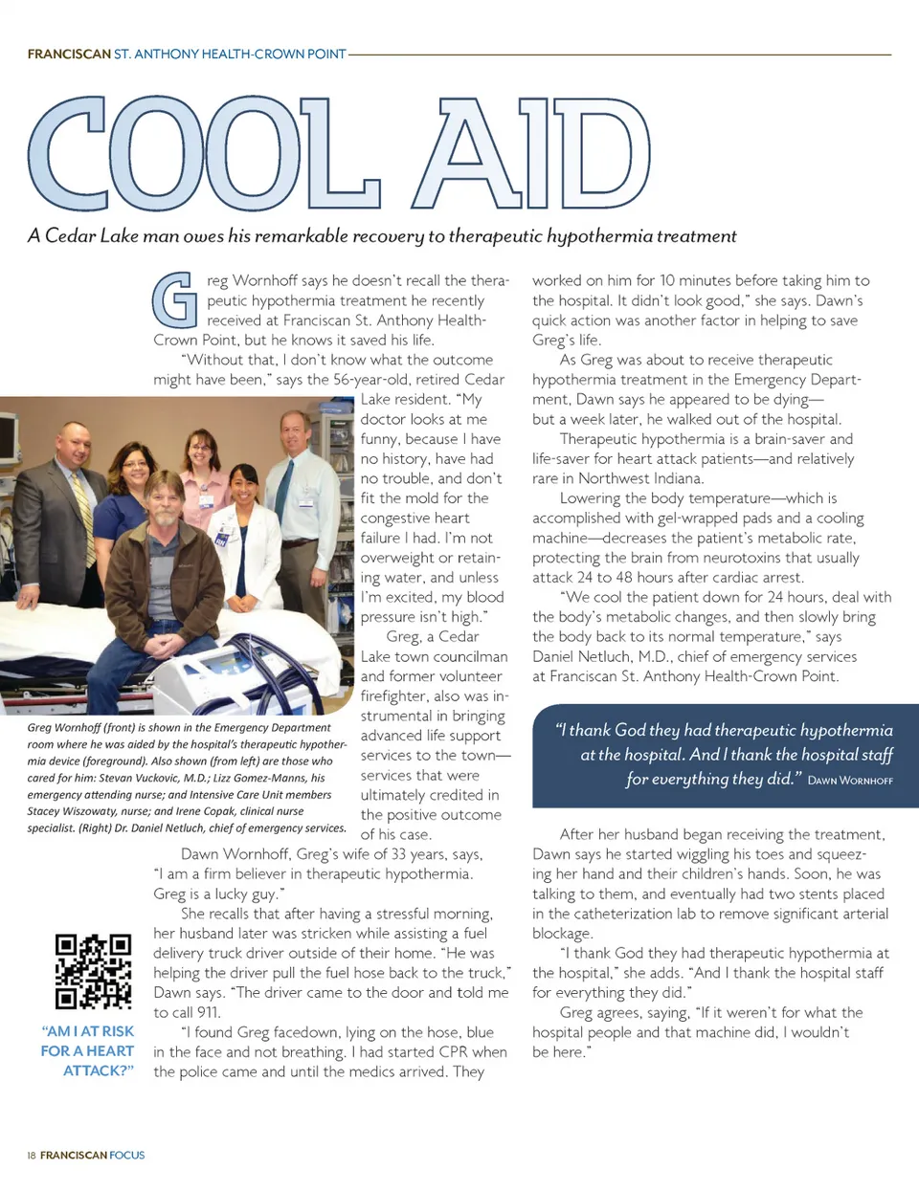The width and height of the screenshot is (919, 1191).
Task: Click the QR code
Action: coord(93,971)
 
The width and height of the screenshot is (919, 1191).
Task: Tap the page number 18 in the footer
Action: coord(32,1156)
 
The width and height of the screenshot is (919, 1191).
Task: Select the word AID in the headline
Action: coord(531,155)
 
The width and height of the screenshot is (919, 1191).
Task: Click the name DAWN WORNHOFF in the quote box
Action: coord(850,781)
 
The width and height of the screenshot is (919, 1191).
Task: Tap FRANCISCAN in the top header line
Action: coord(69,55)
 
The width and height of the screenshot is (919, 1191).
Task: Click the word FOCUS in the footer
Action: coord(127,1156)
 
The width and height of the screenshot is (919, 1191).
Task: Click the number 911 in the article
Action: coord(209,1012)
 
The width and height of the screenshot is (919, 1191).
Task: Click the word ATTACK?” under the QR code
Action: coord(99,1070)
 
